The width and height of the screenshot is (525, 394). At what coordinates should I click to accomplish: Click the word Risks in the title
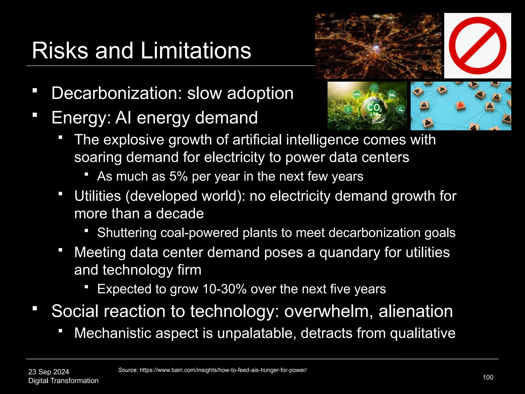[60, 51]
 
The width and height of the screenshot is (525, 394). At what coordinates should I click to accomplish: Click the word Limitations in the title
[196, 51]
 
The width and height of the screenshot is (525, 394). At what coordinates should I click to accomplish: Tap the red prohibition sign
[478, 46]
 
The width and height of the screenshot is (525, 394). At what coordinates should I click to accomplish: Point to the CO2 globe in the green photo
[374, 109]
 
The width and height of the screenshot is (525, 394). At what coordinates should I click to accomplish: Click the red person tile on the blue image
[461, 105]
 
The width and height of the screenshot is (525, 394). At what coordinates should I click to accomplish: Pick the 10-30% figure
[225, 289]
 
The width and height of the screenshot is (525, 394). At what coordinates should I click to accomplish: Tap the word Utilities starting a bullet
[97, 196]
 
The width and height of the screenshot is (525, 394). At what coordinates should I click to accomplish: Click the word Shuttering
[127, 233]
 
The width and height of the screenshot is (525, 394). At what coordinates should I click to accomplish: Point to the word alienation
[416, 311]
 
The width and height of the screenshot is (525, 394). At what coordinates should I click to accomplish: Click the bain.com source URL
[223, 370]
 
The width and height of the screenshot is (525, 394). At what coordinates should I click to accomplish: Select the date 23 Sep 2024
[49, 372]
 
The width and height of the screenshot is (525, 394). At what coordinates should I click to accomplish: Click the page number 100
[488, 377]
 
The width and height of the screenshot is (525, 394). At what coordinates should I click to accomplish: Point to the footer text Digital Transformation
[63, 381]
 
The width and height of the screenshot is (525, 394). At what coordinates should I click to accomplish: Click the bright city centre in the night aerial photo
[376, 47]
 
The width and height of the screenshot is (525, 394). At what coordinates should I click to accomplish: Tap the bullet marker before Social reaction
[35, 308]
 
